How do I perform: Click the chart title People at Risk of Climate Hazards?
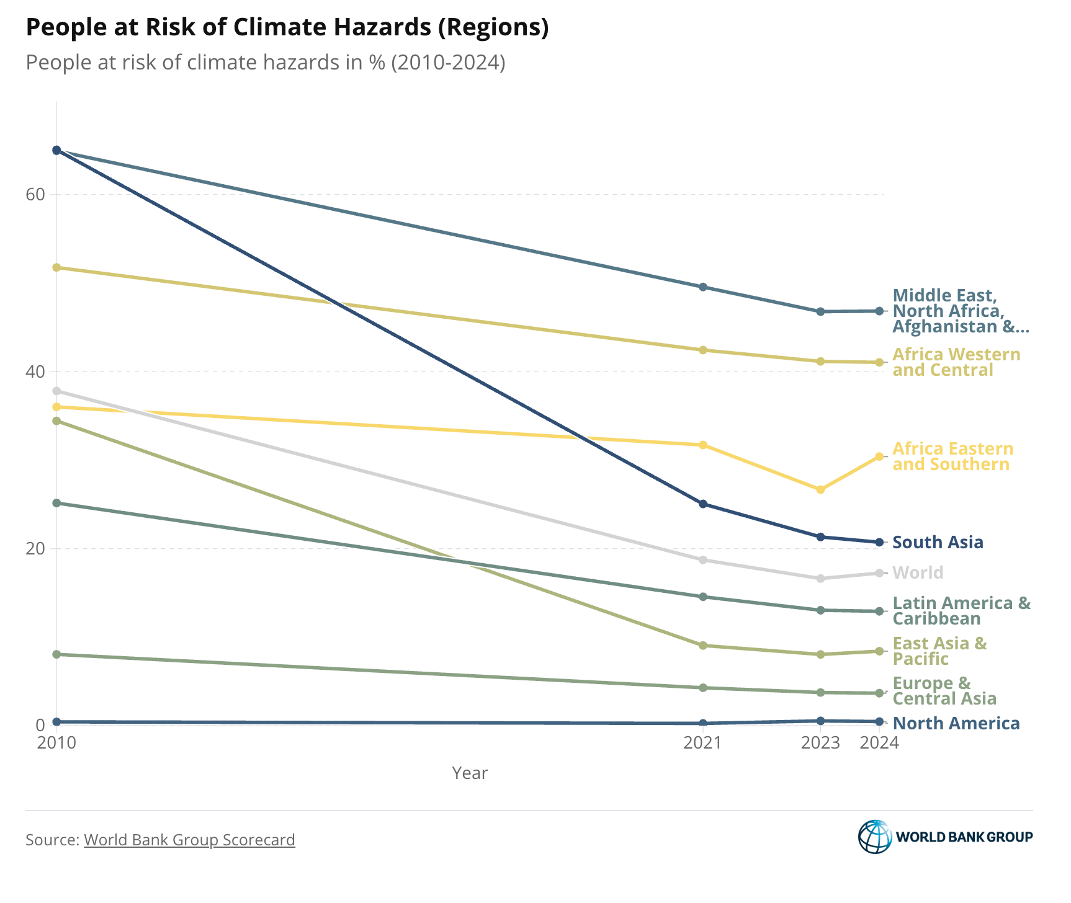287,28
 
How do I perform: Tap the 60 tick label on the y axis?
36,194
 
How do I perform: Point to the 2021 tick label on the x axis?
702,742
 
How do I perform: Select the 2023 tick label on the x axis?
820,742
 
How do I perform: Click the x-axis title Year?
470,773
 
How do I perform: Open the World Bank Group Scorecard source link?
189,840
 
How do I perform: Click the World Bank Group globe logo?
874,837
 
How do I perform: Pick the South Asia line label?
938,543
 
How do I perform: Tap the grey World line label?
918,572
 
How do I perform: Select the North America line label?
956,723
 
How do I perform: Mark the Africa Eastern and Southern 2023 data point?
820,489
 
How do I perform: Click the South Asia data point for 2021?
703,504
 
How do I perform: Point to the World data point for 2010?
56,391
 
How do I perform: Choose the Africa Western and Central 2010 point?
56,267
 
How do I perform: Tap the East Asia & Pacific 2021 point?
703,646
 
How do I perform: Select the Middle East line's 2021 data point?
703,287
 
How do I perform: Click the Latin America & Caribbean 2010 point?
56,503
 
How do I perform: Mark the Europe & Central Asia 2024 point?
879,693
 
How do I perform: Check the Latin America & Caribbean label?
961,611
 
